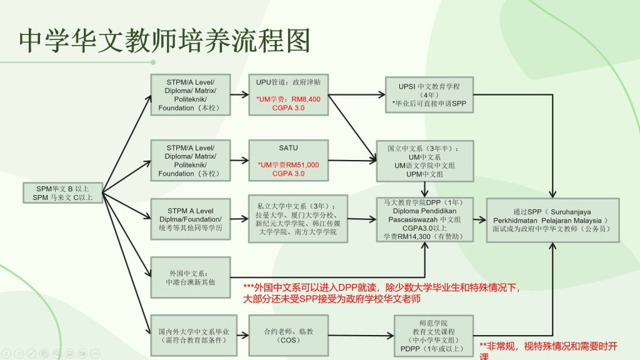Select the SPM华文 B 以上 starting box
point(62,192)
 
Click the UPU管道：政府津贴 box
point(288,95)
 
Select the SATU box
point(288,160)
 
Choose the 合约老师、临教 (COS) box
point(288,335)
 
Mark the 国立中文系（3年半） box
point(425,161)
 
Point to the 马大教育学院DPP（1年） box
point(425,219)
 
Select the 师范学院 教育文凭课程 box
point(428,335)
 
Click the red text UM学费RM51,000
point(288,165)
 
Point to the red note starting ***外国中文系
point(381,292)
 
